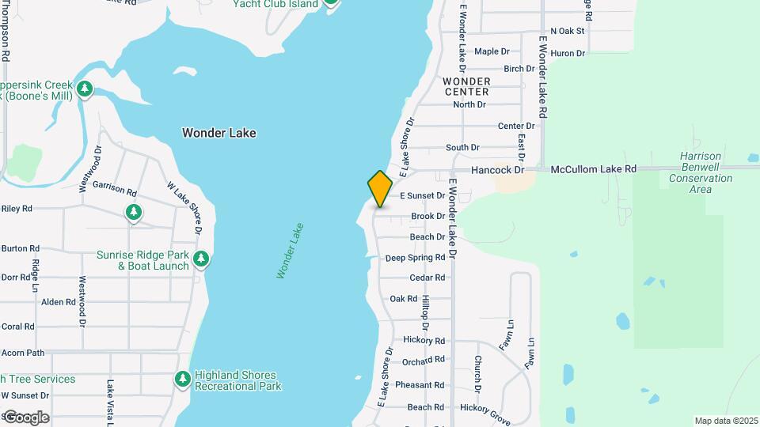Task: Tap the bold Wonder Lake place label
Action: pyautogui.click(x=218, y=133)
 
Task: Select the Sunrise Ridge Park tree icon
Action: pyautogui.click(x=201, y=259)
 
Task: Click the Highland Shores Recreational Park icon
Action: pyautogui.click(x=183, y=380)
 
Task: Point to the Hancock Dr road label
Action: pyautogui.click(x=498, y=169)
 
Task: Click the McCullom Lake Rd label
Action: pyautogui.click(x=594, y=169)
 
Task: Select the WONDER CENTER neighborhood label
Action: pyautogui.click(x=466, y=86)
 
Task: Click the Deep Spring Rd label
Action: pyautogui.click(x=415, y=258)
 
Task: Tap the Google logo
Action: pyautogui.click(x=26, y=417)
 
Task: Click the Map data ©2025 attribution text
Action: pyautogui.click(x=726, y=421)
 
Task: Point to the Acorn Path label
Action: pyautogui.click(x=23, y=353)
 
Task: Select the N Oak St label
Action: pyautogui.click(x=567, y=31)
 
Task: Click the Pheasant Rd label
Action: pyautogui.click(x=420, y=385)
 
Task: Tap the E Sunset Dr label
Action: pyautogui.click(x=423, y=195)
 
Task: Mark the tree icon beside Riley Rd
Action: pyautogui.click(x=134, y=212)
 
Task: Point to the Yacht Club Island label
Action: pyautogui.click(x=275, y=4)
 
